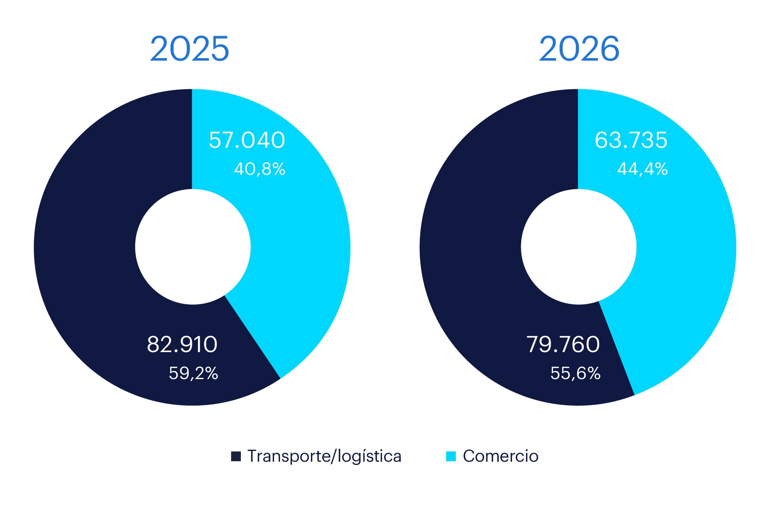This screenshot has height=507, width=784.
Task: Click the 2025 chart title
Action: click(x=189, y=49)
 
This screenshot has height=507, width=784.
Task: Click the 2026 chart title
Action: click(x=579, y=49)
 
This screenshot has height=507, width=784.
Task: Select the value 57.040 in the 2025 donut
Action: click(x=247, y=140)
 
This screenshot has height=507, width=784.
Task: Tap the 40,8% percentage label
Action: click(x=260, y=169)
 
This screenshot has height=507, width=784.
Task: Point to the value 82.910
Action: click(x=182, y=344)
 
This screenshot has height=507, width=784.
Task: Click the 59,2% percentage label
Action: click(x=193, y=373)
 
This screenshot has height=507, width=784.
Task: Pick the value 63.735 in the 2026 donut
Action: click(x=631, y=140)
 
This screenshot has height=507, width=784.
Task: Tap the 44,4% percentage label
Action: click(x=642, y=169)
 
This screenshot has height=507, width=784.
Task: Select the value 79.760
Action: click(x=563, y=344)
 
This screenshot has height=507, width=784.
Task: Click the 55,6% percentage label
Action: click(x=575, y=373)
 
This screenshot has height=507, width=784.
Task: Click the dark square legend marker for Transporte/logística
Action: click(x=236, y=456)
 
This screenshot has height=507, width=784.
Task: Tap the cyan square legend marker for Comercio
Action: click(x=451, y=456)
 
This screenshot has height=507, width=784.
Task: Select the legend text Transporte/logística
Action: click(x=324, y=456)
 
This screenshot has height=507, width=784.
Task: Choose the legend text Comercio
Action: click(x=500, y=456)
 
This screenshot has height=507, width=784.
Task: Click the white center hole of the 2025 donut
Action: click(x=193, y=247)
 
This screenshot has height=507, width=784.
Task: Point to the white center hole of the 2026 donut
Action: click(x=578, y=247)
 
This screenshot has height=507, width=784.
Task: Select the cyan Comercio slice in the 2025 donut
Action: click(x=299, y=249)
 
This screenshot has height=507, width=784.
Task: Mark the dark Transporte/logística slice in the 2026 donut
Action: click(x=469, y=249)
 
